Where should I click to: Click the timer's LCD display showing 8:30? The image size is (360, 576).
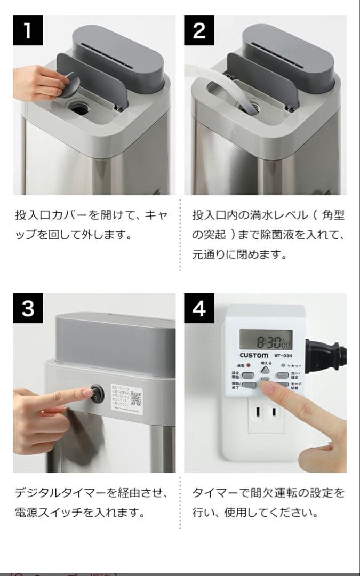266,340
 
